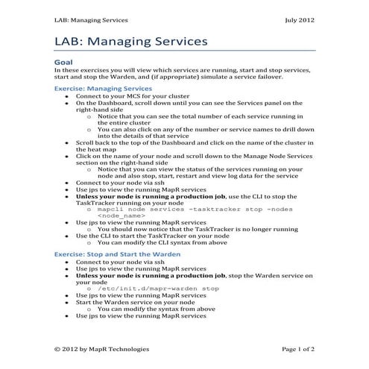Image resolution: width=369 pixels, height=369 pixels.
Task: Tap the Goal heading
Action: coord(64,63)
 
